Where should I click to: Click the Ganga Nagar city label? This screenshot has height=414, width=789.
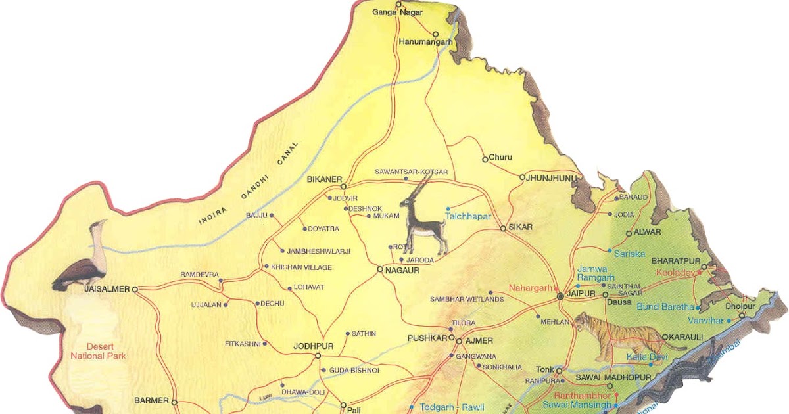(397, 12)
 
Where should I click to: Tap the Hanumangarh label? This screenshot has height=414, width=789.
(426, 42)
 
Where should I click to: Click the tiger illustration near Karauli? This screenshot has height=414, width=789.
(618, 335)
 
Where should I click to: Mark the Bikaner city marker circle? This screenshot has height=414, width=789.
(343, 187)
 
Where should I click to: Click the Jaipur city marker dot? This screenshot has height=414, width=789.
(560, 296)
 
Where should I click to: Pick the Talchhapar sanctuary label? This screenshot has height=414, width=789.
(468, 216)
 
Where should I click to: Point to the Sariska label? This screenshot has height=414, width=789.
(629, 253)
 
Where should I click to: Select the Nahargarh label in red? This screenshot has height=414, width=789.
(531, 288)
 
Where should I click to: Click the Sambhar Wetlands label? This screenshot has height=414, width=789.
(467, 299)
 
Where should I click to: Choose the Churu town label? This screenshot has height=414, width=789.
(500, 158)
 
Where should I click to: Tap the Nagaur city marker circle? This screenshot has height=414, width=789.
(380, 269)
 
